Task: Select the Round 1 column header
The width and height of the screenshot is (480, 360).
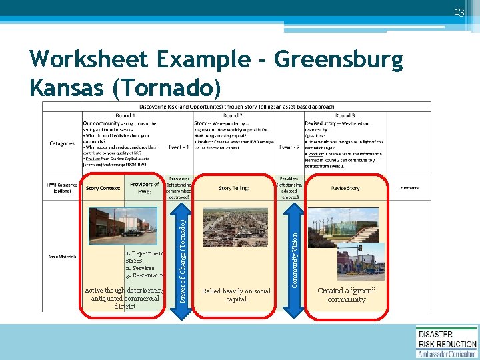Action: click(x=124, y=115)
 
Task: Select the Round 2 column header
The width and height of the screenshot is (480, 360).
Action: click(x=233, y=115)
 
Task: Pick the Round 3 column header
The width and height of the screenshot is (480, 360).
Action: click(x=345, y=115)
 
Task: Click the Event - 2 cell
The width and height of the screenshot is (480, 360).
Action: click(x=289, y=147)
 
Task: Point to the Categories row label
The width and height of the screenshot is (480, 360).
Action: click(x=62, y=143)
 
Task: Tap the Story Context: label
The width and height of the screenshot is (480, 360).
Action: click(x=103, y=188)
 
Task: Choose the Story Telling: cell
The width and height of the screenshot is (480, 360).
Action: click(x=235, y=188)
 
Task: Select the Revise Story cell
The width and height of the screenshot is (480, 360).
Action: click(x=345, y=188)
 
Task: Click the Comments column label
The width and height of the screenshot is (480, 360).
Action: click(x=408, y=188)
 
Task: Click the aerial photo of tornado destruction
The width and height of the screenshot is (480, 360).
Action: click(x=235, y=237)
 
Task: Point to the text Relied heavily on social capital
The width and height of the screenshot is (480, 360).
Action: click(x=236, y=295)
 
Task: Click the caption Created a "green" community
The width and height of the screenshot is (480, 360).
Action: click(x=347, y=295)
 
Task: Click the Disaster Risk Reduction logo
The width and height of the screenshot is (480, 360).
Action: click(x=446, y=342)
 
